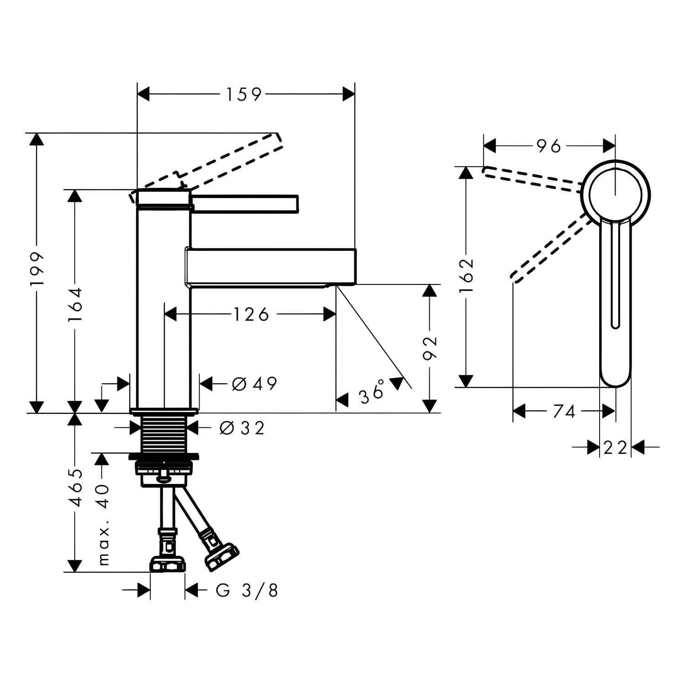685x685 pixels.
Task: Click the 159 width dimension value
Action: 244,95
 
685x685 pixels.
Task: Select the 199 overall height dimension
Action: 37,269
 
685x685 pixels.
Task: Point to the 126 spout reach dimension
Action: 251,314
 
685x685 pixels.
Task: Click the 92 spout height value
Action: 430,348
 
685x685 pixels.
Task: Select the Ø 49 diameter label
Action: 254,384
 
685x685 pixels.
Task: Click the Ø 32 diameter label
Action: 242,428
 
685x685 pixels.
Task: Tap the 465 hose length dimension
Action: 75,487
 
